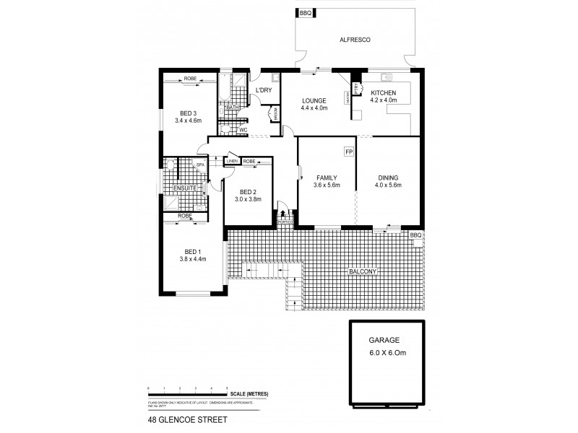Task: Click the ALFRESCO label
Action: tap(355, 40)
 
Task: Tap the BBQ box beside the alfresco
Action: tap(304, 13)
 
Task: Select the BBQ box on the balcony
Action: tap(415, 236)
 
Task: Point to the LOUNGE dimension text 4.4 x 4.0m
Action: tap(314, 108)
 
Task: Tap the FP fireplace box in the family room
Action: tap(348, 152)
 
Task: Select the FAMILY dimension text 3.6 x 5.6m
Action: tap(327, 185)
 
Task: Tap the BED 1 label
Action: tap(189, 250)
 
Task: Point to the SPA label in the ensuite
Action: tap(201, 165)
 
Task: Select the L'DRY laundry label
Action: tap(263, 90)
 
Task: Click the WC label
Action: tap(243, 130)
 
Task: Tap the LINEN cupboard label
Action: tap(233, 161)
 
